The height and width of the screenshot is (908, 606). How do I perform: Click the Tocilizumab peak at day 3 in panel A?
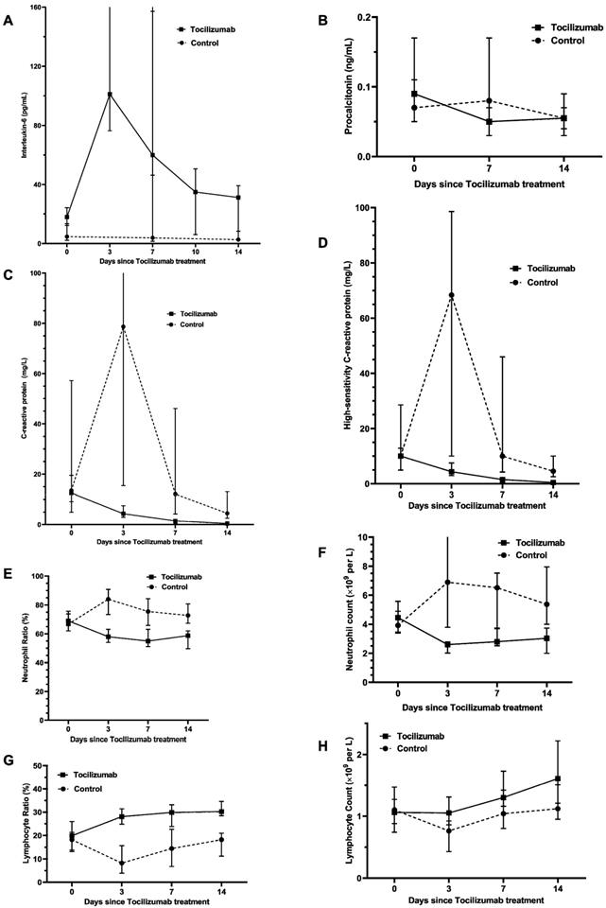pyautogui.click(x=110, y=95)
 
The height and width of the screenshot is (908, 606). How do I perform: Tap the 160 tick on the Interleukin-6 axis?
pyautogui.click(x=42, y=8)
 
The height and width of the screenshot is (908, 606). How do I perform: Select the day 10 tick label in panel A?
pyautogui.click(x=197, y=253)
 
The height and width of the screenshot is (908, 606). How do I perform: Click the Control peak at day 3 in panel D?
pyautogui.click(x=452, y=295)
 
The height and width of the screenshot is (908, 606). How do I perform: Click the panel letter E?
pyautogui.click(x=9, y=573)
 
